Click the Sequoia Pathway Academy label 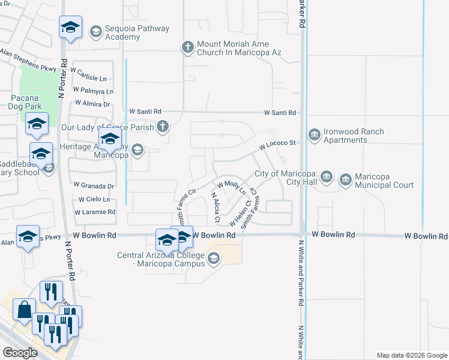137,32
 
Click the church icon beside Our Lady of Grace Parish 162,127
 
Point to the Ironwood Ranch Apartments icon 314,136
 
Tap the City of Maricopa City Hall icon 326,176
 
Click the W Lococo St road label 278,144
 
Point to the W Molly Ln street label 231,188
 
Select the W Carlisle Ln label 89,79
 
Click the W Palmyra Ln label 93,92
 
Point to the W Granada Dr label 94,185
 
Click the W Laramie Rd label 95,212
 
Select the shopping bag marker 25,310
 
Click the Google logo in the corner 20,353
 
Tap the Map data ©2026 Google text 411,355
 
